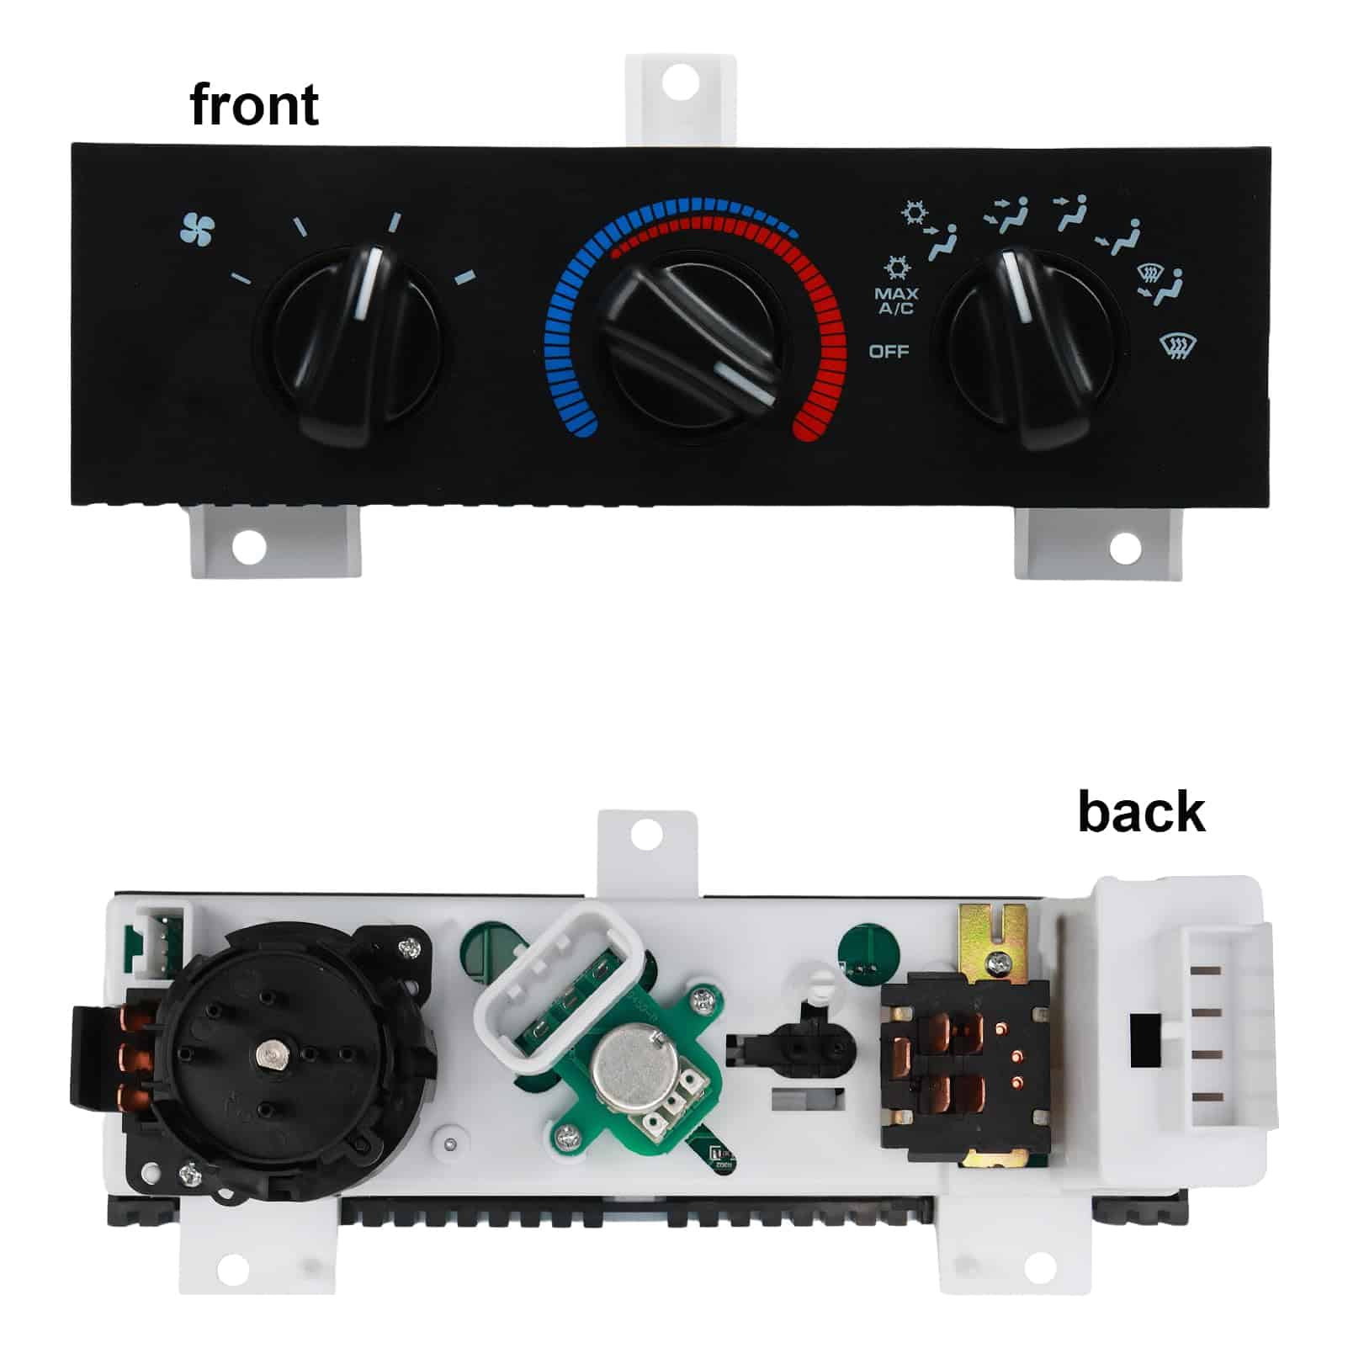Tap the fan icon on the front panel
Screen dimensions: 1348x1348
pyautogui.click(x=198, y=230)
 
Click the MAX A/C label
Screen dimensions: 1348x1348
pyautogui.click(x=896, y=300)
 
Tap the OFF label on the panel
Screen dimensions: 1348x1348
pyautogui.click(x=889, y=351)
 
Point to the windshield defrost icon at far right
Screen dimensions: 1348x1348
pyautogui.click(x=1178, y=345)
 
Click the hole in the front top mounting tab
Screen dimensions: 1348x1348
pyautogui.click(x=679, y=82)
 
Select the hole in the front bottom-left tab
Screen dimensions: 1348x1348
pyautogui.click(x=248, y=547)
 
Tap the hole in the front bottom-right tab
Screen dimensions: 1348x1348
pyautogui.click(x=1125, y=549)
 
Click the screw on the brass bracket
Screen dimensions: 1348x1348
pyautogui.click(x=998, y=960)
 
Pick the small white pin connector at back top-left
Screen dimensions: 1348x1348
pyautogui.click(x=159, y=941)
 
